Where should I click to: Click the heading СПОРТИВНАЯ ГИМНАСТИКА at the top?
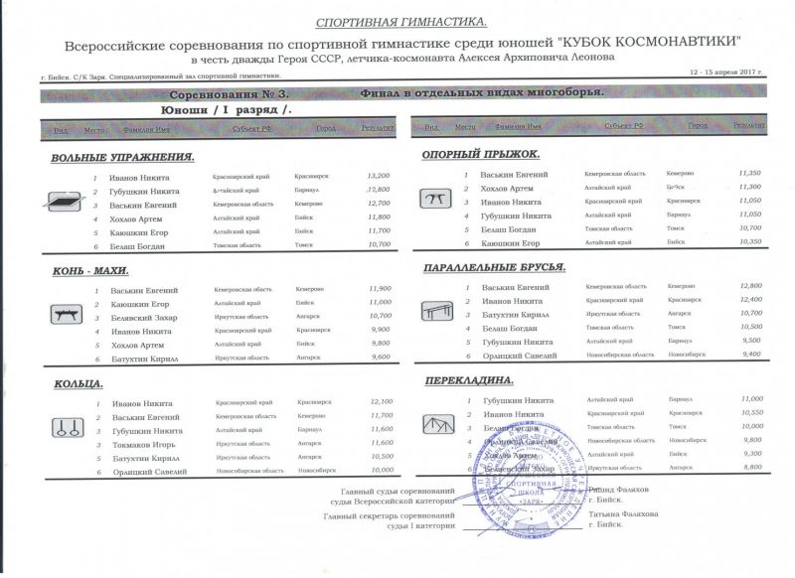401,22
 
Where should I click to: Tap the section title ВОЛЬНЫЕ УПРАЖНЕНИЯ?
121,158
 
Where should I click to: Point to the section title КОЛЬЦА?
76,383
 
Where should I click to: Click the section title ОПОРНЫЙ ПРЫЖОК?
481,155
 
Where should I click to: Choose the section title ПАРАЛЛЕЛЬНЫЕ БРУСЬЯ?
495,268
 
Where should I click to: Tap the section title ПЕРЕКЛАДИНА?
468,380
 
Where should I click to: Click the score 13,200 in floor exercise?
379,176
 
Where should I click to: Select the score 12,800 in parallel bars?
750,286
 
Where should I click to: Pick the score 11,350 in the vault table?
750,173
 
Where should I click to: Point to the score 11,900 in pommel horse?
380,289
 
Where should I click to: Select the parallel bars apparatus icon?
435,312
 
